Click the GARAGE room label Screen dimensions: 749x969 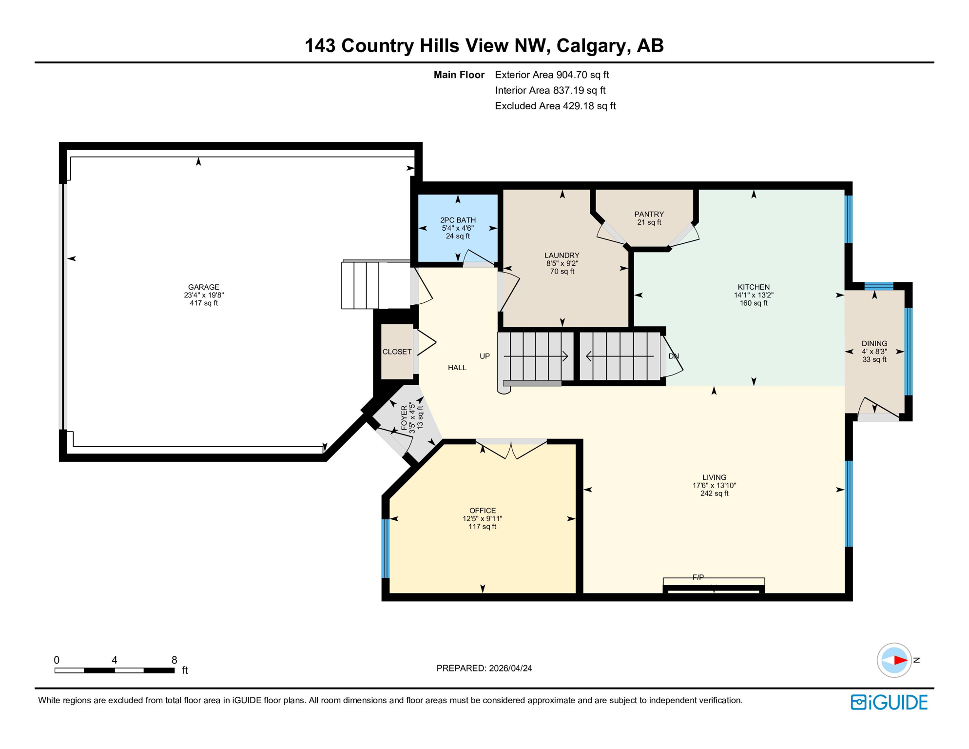click(x=204, y=287)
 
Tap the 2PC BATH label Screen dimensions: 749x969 click(x=458, y=220)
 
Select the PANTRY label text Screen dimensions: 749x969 click(x=649, y=214)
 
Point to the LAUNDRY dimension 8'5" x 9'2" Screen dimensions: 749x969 click(x=562, y=263)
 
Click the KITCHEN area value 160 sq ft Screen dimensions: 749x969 click(x=754, y=303)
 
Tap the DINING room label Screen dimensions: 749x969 click(x=874, y=343)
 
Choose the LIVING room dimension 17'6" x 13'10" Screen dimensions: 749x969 click(x=714, y=485)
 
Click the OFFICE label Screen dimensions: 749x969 click(x=483, y=511)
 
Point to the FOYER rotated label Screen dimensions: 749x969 click(x=404, y=417)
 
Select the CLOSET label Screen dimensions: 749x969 click(x=397, y=352)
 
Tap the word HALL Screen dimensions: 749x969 click(x=457, y=368)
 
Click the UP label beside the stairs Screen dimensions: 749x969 click(x=484, y=356)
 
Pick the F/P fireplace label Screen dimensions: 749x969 click(x=698, y=577)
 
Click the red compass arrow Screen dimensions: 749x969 click(x=899, y=660)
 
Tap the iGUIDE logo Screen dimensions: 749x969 click(x=889, y=702)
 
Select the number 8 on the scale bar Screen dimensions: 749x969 click(x=174, y=660)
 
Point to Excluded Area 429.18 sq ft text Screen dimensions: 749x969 click(x=555, y=106)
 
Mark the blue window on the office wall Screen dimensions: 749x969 click(x=386, y=548)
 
